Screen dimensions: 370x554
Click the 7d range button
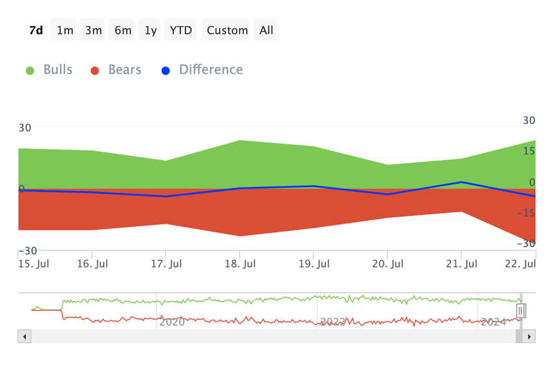pyautogui.click(x=36, y=30)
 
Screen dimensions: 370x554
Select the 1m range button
pyautogui.click(x=65, y=30)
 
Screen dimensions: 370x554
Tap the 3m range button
pyautogui.click(x=93, y=30)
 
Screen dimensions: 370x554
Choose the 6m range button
pyautogui.click(x=123, y=30)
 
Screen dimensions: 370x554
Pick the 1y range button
pyautogui.click(x=151, y=30)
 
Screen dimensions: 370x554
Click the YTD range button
pyautogui.click(x=181, y=30)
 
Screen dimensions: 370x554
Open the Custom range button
pyautogui.click(x=227, y=30)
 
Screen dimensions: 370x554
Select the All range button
pyautogui.click(x=266, y=30)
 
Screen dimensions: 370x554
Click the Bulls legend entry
pyautogui.click(x=50, y=70)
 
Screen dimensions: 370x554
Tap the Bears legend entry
pyautogui.click(x=116, y=70)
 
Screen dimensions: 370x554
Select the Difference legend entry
pyautogui.click(x=202, y=70)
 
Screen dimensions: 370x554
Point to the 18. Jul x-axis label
pyautogui.click(x=240, y=264)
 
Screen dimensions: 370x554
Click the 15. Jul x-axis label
pyautogui.click(x=34, y=264)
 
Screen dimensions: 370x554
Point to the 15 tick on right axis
pyautogui.click(x=528, y=151)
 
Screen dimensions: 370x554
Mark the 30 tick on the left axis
pyautogui.click(x=25, y=128)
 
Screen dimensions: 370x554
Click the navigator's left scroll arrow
pyautogui.click(x=25, y=337)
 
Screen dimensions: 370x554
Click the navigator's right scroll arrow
pyautogui.click(x=529, y=337)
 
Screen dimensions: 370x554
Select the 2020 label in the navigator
pyautogui.click(x=172, y=322)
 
